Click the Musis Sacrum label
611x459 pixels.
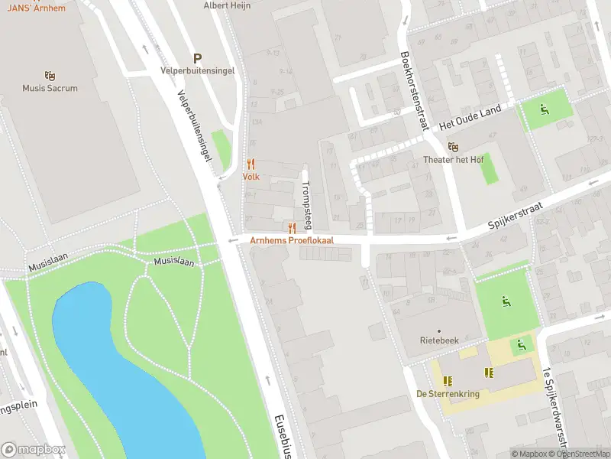(x=50, y=89)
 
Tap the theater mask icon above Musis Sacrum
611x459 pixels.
(x=50, y=76)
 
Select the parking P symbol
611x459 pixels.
(x=197, y=58)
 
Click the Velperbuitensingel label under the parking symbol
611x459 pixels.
(x=197, y=71)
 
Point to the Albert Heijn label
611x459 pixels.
(x=226, y=5)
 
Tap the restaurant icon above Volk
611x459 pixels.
(x=251, y=164)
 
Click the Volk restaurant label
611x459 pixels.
(x=251, y=177)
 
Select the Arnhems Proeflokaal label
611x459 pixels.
(x=292, y=240)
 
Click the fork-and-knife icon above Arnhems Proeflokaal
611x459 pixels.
(x=292, y=227)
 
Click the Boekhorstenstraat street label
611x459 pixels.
(x=413, y=90)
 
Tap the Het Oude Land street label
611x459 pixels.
(x=470, y=119)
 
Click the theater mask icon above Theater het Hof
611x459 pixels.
(x=453, y=147)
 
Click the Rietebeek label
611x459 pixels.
(x=439, y=341)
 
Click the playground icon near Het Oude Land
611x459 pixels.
(x=544, y=109)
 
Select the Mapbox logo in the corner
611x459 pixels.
(x=34, y=450)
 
